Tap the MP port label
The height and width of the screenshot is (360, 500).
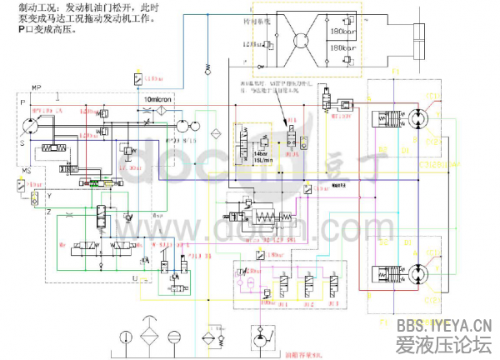[x=37, y=87]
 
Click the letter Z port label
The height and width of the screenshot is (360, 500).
[x=49, y=212]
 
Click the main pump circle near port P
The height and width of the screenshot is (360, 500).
[x=30, y=122]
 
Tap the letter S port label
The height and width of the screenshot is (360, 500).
[x=22, y=143]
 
